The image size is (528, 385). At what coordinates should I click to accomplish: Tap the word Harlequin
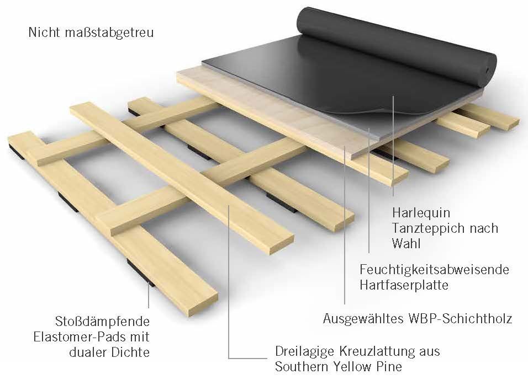click(421, 213)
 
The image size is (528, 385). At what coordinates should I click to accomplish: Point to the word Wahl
click(406, 243)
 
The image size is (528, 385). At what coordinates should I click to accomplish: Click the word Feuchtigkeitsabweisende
click(435, 270)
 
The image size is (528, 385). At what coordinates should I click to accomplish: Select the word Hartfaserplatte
click(404, 285)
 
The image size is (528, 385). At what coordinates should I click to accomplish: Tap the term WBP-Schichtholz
click(460, 318)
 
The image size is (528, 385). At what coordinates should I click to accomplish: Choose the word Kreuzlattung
click(377, 351)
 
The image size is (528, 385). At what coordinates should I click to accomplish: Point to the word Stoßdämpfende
click(102, 322)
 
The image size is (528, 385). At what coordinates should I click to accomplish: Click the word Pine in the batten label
click(390, 366)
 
